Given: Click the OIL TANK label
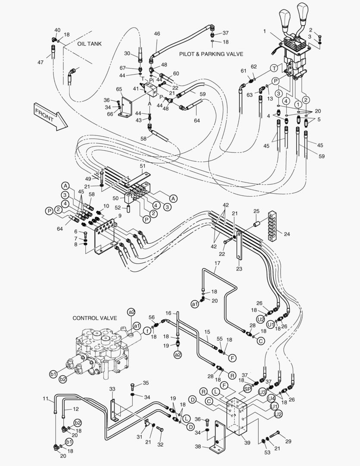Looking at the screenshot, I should click(x=89, y=44).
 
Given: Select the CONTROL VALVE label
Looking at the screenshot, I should click(x=94, y=318).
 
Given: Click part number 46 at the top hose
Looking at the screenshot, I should click(x=157, y=34).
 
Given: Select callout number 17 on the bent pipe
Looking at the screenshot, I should click(x=217, y=263).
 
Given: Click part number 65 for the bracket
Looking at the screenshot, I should click(x=119, y=89).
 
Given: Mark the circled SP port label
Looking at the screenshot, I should click(x=247, y=388).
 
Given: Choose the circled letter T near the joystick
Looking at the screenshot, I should click(x=274, y=69).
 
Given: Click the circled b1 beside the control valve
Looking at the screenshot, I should click(x=53, y=374).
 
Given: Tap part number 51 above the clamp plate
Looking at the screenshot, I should click(x=143, y=166).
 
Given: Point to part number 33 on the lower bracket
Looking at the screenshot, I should click(x=112, y=389).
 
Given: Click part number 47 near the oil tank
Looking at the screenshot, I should click(x=40, y=63).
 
